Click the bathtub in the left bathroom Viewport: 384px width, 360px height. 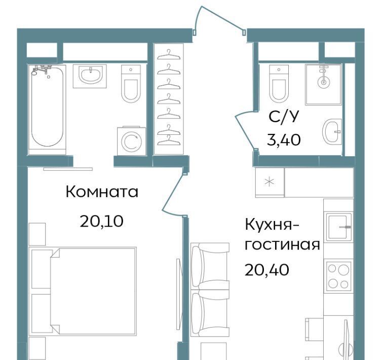pos(47,110)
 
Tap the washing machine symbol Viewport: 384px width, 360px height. pos(132,141)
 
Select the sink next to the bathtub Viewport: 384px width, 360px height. pos(90,76)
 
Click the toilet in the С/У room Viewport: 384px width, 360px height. pos(279,84)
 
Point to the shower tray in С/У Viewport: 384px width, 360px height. pos(323,85)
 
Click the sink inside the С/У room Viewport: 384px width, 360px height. pos(332,132)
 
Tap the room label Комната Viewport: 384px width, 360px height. pos(102,192)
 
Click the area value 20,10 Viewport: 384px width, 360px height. pos(101,222)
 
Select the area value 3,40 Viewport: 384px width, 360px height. pos(284,140)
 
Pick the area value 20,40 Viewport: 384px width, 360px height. pos(266,270)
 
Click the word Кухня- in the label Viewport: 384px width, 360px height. pos(272,225)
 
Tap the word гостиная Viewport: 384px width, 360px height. pos(282,245)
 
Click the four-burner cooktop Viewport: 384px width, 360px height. pos(338,276)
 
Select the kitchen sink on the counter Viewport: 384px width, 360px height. pos(338,227)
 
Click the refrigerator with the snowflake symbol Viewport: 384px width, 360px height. pos(270,183)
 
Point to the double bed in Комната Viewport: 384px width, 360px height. pos(93,291)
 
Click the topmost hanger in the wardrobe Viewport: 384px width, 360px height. pos(169,55)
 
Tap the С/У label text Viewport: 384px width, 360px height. pos(284,117)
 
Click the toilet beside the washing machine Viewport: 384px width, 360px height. pos(131,84)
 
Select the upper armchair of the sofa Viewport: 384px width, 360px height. pos(210,266)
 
